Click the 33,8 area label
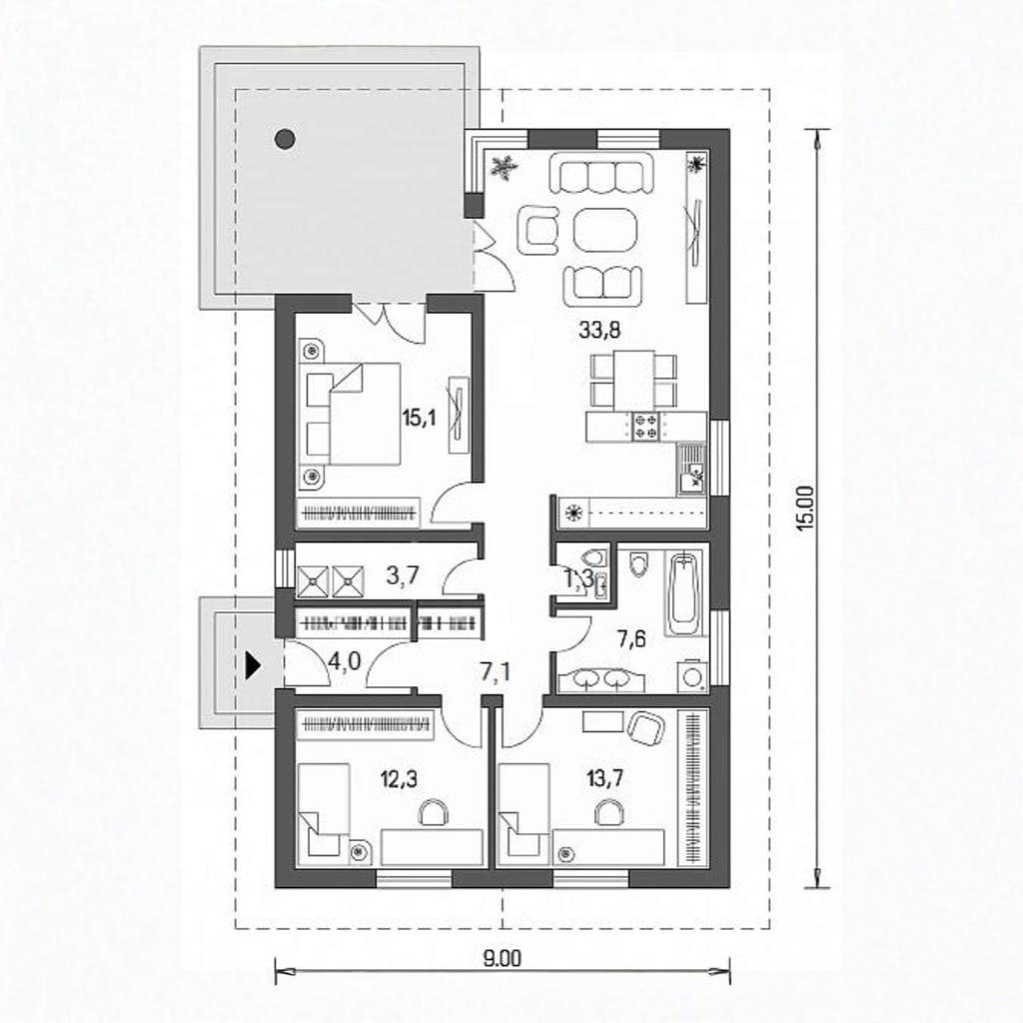coord(599,331)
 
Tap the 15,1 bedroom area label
coord(419,418)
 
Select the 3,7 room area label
coord(403,576)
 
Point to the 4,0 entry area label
coord(344,663)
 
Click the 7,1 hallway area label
coord(496,671)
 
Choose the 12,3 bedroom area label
coord(399,778)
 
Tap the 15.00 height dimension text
coord(807,509)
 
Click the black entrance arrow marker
coord(253,666)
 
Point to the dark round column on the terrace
coord(285,138)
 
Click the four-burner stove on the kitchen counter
coord(645,426)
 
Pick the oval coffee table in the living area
coord(604,230)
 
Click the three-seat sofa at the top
coord(601,173)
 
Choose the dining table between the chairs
coord(634,381)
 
